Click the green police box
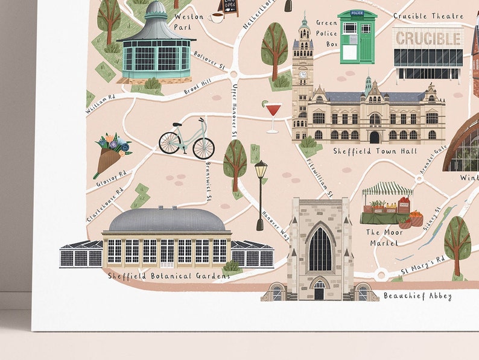[357, 37]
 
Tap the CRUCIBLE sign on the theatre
[428, 37]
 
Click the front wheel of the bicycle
[203, 148]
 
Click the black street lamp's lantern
[261, 169]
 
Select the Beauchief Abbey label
[417, 296]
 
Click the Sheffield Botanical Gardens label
[169, 276]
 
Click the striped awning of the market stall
[387, 189]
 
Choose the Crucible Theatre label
[428, 16]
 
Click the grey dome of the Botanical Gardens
[166, 220]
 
